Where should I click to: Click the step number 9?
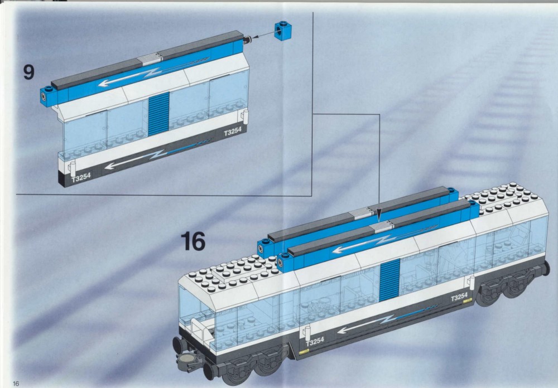[x=29, y=72]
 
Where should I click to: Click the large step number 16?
[x=193, y=241]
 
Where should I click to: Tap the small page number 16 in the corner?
[x=16, y=384]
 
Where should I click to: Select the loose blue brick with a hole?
[x=283, y=31]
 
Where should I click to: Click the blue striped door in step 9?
[x=158, y=114]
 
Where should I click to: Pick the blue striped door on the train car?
[x=389, y=280]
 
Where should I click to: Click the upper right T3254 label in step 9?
[x=233, y=131]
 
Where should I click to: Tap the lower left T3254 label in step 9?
[x=81, y=177]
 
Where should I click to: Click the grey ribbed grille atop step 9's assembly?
[x=151, y=59]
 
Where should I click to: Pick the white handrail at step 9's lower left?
[x=73, y=169]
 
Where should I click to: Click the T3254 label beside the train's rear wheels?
[x=459, y=297]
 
